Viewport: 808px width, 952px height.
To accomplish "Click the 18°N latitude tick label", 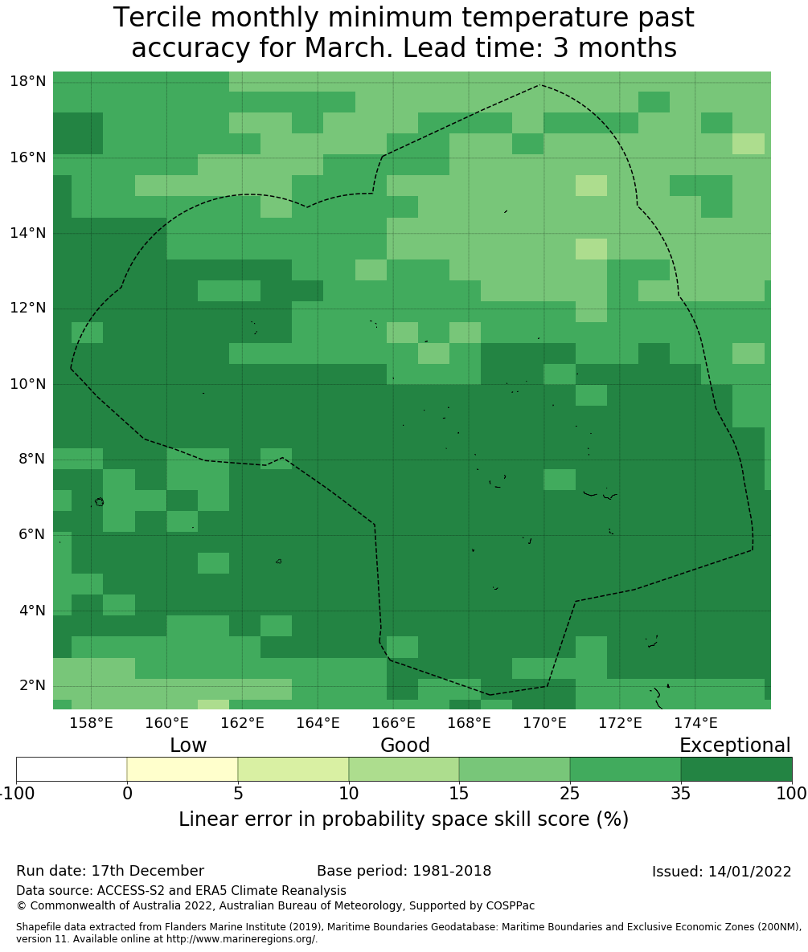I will tap(27, 81).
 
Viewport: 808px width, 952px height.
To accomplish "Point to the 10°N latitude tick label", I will tap(27, 383).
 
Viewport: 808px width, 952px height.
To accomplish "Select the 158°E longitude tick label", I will tap(91, 723).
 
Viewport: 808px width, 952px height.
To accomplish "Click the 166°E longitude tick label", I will tap(393, 723).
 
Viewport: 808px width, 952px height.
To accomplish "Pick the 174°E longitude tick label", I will tap(695, 723).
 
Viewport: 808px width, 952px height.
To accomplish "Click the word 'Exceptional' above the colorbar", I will tap(734, 746).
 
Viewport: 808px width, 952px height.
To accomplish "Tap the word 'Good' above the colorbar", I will tap(405, 746).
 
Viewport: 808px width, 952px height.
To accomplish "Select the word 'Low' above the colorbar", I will tap(188, 746).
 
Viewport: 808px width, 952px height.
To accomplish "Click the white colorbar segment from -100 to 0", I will tap(72, 769).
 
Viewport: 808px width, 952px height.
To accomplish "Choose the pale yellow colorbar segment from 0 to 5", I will tap(183, 769).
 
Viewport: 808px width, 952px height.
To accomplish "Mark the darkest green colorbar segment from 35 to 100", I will tap(736, 769).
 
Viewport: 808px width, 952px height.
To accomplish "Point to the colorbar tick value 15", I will tap(459, 795).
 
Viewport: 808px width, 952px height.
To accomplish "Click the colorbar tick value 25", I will tap(570, 795).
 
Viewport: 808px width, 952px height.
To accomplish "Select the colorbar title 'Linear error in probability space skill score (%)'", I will tap(404, 819).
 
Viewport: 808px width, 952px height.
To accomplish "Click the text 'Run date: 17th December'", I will tap(110, 872).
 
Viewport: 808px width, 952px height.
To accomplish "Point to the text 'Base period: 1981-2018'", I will tap(404, 872).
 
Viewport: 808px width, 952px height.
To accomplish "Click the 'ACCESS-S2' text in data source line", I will tap(129, 891).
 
